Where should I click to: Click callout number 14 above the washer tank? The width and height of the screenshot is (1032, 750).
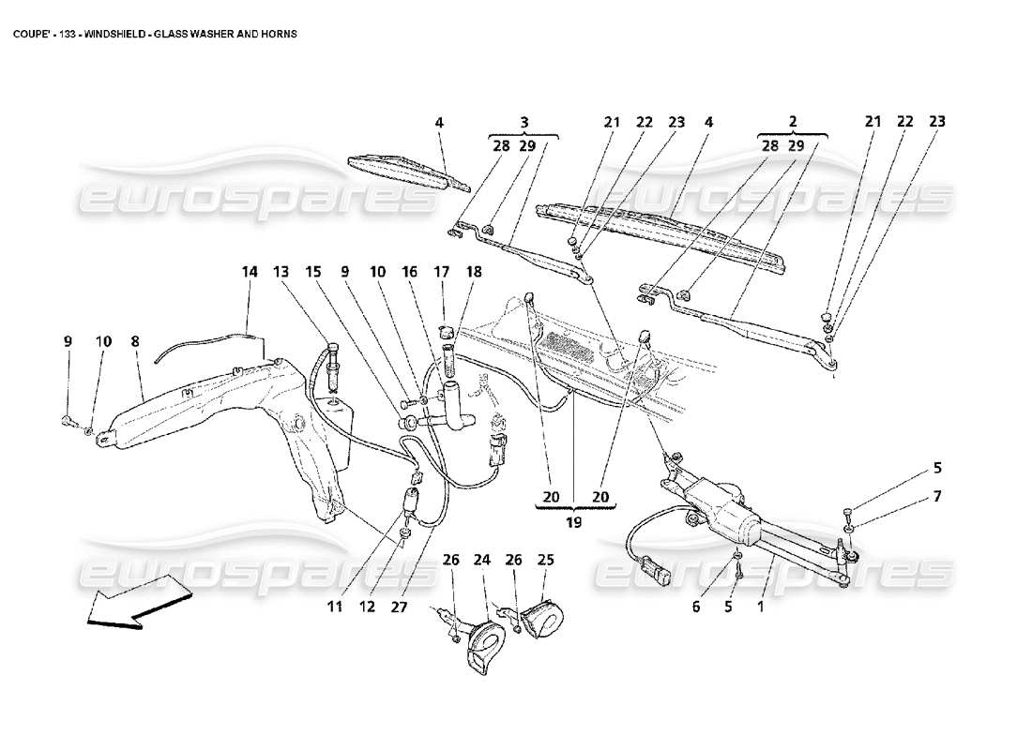coord(249,272)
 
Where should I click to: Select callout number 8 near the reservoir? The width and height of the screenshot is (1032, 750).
coord(135,343)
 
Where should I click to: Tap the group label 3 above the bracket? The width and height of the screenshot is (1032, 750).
coord(524,122)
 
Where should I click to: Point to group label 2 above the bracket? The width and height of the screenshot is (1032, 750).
coord(793,122)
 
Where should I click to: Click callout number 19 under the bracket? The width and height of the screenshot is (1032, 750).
coord(573,522)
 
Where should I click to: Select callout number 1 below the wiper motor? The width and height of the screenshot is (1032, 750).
coord(760,607)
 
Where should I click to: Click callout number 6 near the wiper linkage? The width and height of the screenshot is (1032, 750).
coord(696,607)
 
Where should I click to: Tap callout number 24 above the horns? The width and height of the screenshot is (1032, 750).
coord(482,561)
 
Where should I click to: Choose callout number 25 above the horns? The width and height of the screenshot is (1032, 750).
coord(545,561)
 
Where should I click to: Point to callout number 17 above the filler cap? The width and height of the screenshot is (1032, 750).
coord(442,272)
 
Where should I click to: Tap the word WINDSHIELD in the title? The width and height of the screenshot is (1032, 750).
coord(117,33)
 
